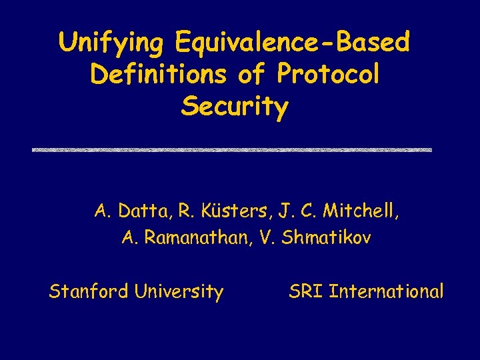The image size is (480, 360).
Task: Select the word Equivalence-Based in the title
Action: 292,43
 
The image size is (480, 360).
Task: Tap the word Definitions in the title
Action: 159,75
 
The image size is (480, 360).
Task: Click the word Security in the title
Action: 234,107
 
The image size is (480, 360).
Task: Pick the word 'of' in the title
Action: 251,75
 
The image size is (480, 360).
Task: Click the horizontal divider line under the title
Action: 232,150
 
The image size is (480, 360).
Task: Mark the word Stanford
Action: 89,291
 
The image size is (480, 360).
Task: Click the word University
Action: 178,291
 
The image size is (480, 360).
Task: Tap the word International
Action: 386,291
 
